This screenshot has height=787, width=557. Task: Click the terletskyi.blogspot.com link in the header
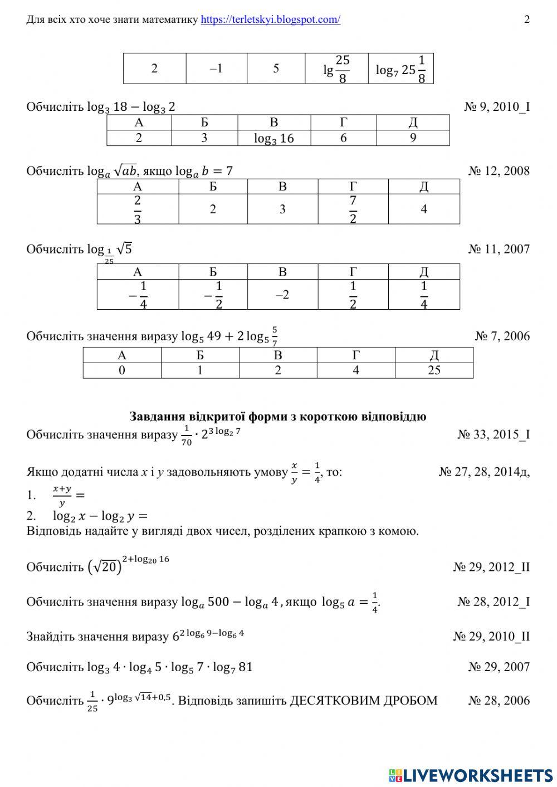270,19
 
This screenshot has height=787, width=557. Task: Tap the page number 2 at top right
526,19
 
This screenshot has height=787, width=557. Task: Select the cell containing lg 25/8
336,69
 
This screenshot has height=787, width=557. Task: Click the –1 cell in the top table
216,69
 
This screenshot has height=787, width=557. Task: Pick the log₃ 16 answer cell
273,138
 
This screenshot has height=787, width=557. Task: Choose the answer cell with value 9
413,138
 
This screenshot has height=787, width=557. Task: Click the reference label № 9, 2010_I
496,106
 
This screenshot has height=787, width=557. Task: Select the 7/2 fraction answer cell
353,209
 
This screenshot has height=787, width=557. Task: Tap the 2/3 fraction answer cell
138,209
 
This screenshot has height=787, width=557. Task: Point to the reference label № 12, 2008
499,171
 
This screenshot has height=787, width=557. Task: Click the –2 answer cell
282,295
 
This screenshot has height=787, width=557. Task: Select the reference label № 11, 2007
499,249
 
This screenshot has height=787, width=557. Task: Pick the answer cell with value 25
434,370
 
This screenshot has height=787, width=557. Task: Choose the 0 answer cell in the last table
122,370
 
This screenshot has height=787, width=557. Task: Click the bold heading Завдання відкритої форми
278,417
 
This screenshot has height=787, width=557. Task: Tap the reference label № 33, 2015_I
494,434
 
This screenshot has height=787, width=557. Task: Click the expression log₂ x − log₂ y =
100,516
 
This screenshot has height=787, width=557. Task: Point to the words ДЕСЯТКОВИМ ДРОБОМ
363,700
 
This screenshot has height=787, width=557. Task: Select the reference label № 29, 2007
499,667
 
